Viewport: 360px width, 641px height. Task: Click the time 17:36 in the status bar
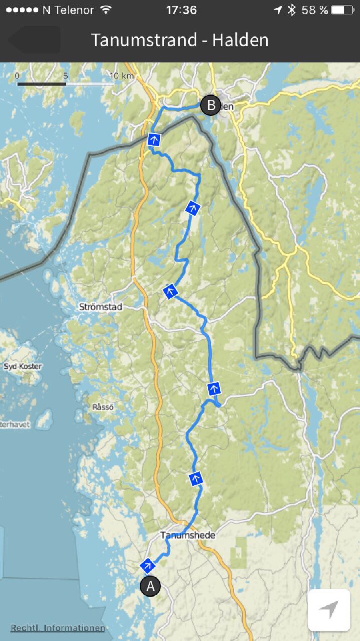point(182,10)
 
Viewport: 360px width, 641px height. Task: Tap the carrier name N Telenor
point(68,10)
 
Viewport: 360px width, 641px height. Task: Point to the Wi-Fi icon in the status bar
point(106,10)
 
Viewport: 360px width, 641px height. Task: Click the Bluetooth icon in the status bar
point(292,10)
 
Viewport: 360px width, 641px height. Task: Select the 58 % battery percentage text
point(315,10)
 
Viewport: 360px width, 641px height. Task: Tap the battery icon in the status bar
point(342,10)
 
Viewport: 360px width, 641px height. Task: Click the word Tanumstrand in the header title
point(144,40)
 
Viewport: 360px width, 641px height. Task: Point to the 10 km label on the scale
point(122,76)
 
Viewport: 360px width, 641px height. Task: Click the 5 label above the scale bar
point(66,76)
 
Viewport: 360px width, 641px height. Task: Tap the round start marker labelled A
point(150,586)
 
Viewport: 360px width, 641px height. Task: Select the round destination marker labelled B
point(210,105)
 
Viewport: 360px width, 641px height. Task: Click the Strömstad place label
point(100,307)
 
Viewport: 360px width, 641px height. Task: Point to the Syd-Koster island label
point(23,366)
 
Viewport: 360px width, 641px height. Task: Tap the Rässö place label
point(103,407)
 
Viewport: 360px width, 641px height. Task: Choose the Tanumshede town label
point(188,535)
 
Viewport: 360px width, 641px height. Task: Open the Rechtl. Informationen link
point(58,628)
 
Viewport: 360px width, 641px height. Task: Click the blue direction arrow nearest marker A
point(148,566)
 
